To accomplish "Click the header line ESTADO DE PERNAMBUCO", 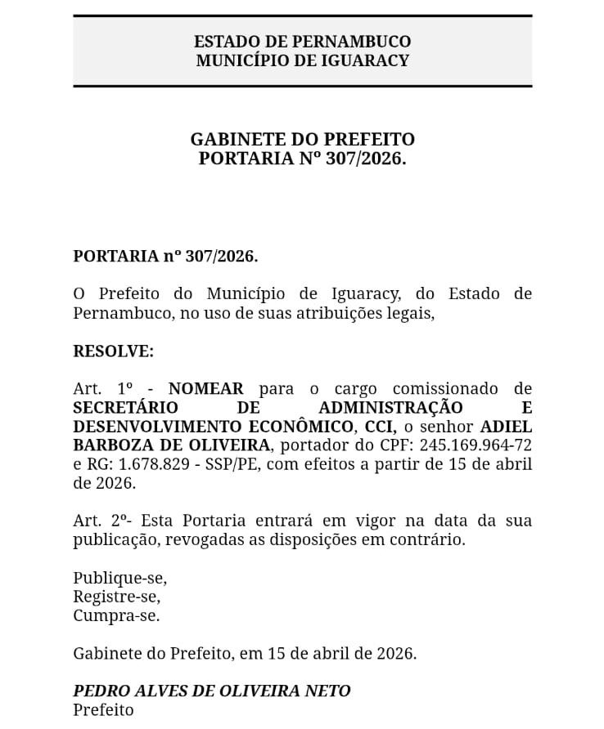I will (302, 42).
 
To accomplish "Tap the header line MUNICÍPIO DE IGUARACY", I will (302, 60).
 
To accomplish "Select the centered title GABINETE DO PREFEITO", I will (302, 140).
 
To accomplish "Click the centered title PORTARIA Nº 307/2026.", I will (302, 159).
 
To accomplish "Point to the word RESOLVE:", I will (113, 351).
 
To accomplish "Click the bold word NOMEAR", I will (205, 388).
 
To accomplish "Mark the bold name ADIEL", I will (505, 426).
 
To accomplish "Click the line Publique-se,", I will (119, 578).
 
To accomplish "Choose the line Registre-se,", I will (116, 597).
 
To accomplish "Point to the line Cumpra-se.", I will (116, 615).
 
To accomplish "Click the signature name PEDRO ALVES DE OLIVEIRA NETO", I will (211, 691).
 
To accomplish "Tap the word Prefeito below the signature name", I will (103, 709).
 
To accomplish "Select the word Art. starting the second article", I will (88, 521).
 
